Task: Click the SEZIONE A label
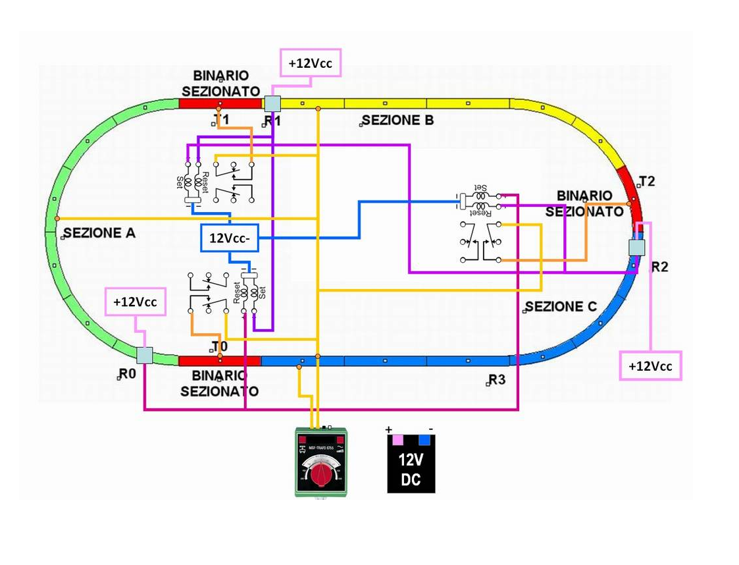click(x=99, y=233)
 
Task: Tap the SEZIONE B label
click(x=397, y=121)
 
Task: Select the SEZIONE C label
click(x=561, y=307)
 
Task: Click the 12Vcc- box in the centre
click(x=229, y=238)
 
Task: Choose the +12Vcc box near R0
click(x=136, y=303)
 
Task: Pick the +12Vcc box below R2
click(x=650, y=366)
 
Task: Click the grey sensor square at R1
click(x=272, y=103)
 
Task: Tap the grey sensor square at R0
click(x=145, y=356)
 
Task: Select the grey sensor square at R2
click(x=637, y=248)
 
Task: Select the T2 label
click(x=647, y=182)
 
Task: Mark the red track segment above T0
click(x=220, y=360)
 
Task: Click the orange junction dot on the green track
click(x=57, y=218)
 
